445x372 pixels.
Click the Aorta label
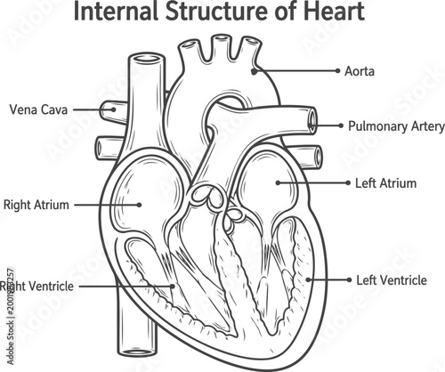[x=359, y=69]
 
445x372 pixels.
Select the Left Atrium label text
[x=385, y=183]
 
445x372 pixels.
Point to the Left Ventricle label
[x=392, y=280]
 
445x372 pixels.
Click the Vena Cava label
[x=36, y=109]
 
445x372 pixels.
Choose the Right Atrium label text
[x=36, y=205]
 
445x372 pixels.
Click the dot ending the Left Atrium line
[x=279, y=183]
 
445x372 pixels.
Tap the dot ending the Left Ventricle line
[x=309, y=280]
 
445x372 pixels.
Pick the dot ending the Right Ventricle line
[x=174, y=287]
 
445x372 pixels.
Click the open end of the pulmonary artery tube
[x=312, y=118]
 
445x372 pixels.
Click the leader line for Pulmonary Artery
[x=329, y=125]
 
